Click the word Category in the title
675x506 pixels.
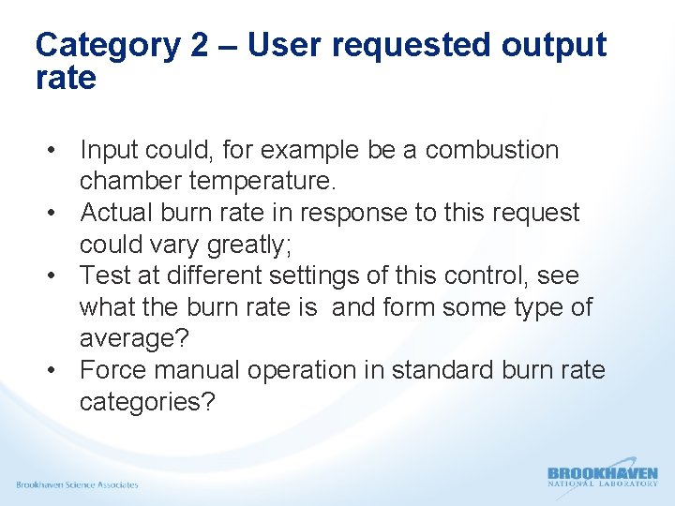(109, 45)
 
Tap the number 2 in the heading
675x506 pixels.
(199, 45)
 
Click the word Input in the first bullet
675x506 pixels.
(104, 150)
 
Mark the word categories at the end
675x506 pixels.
(146, 402)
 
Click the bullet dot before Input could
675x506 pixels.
(57, 151)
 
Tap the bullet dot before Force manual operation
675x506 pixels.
(57, 371)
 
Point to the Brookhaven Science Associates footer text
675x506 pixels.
(77, 484)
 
